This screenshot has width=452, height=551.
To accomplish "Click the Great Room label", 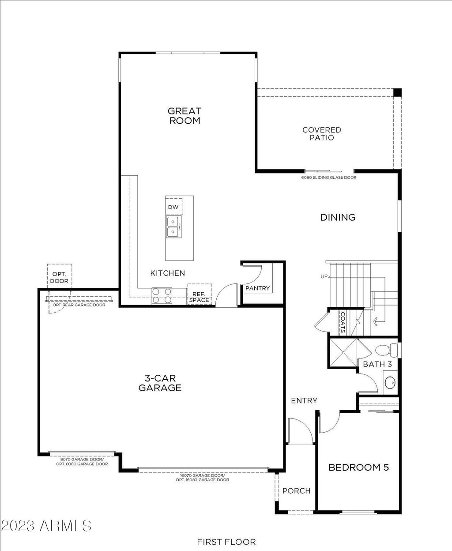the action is (185, 116).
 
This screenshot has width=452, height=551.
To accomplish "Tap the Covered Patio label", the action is (322, 134).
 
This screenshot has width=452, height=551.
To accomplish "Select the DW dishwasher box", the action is (174, 207).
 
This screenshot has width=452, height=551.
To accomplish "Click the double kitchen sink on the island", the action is (173, 226).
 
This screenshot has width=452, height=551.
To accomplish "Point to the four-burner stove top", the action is (162, 295).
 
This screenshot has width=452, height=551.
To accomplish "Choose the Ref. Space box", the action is (200, 294).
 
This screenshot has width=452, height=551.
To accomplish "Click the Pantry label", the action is (257, 288).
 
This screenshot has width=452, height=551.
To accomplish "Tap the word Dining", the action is (338, 217).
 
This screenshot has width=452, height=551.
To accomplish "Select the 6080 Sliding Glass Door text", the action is (329, 177).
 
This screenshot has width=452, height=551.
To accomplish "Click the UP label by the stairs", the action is (324, 276).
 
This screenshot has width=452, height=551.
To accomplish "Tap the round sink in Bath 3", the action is (390, 382).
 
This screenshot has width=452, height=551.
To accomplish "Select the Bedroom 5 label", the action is (358, 467).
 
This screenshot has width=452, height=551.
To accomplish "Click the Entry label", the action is (304, 400).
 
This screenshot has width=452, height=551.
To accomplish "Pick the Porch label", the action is (297, 491).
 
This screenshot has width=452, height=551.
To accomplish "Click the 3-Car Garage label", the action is (160, 383).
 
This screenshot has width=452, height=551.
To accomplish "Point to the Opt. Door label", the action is (59, 277).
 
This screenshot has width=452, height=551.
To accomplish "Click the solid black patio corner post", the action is (397, 92).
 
